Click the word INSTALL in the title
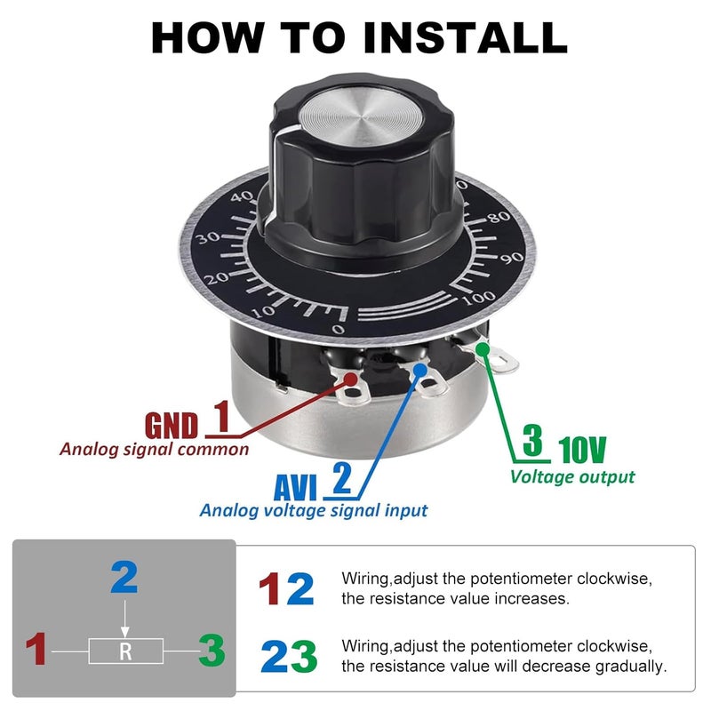tap(465, 37)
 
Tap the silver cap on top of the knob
tap(361, 117)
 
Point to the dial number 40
tap(243, 196)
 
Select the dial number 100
tap(479, 297)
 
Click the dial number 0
tap(338, 329)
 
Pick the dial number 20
tap(216, 277)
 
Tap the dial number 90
tap(512, 258)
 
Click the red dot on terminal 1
tap(350, 379)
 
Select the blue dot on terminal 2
tap(420, 370)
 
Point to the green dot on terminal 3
tap(483, 349)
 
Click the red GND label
tap(172, 426)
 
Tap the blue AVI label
tap(295, 487)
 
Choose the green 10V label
tap(582, 450)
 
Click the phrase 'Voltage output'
tap(572, 476)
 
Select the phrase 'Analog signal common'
tap(154, 450)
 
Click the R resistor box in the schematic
tap(125, 651)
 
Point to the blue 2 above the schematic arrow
tap(124, 577)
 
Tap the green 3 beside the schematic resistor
tap(212, 650)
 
